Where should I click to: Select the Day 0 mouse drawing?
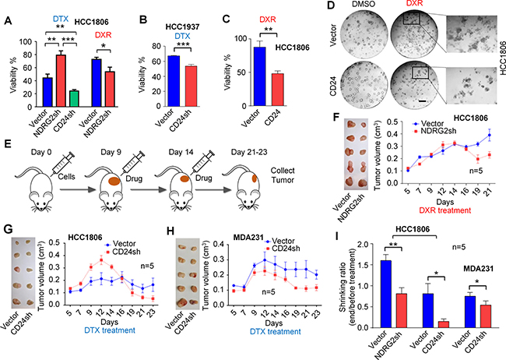(33, 171)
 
